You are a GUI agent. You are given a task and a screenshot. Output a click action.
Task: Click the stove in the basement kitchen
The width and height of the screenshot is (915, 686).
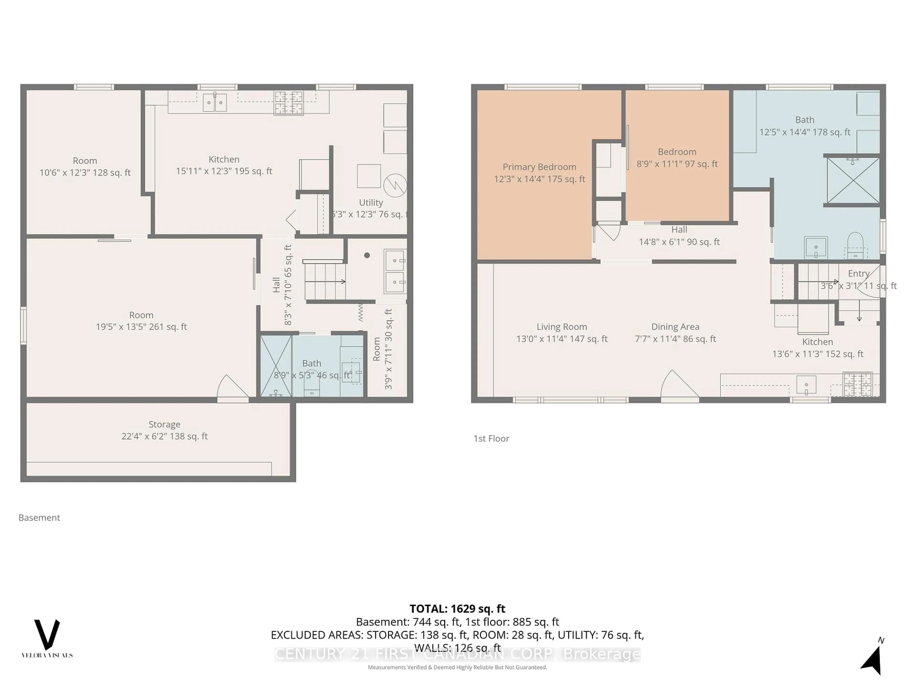[289, 103]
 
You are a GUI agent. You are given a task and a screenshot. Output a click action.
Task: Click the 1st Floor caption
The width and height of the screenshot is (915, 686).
[491, 439]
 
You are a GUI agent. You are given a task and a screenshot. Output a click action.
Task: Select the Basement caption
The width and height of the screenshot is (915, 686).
[39, 518]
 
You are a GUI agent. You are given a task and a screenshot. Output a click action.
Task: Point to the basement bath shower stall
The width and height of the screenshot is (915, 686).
[276, 366]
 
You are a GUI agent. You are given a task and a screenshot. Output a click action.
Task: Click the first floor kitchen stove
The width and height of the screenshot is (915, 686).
[858, 384]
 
